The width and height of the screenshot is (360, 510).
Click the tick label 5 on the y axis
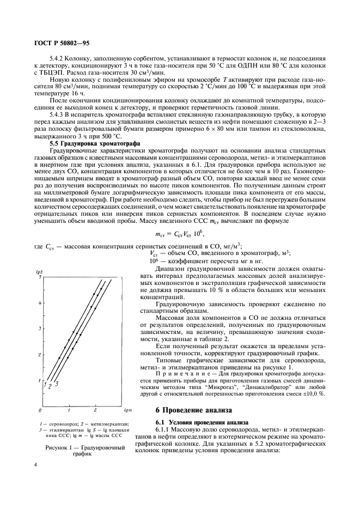(x=40, y=277)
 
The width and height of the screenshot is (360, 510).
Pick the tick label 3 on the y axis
(x=40, y=328)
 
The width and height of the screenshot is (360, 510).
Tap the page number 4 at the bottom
(x=35, y=464)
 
